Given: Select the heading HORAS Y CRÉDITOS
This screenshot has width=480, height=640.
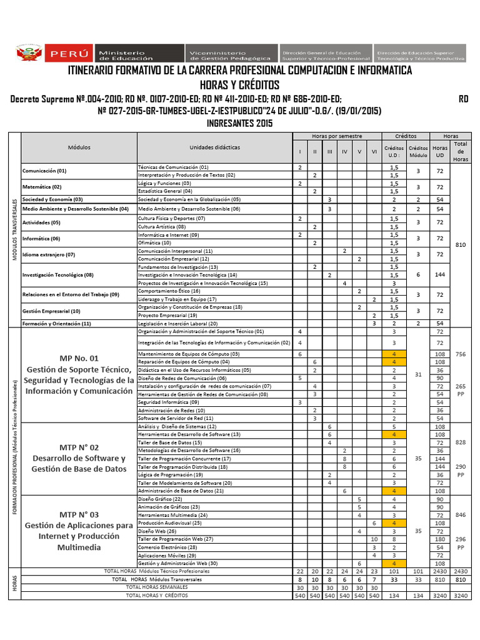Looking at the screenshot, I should (239, 85).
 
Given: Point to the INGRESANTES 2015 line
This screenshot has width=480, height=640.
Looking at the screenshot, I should (239, 123).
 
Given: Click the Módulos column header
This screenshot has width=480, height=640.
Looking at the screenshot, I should (79, 147).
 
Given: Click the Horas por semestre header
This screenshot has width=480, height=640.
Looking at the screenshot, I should (337, 136).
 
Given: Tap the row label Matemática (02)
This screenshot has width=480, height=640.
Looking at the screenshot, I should (42, 187).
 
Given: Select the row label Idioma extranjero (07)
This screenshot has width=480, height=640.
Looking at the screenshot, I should (49, 254).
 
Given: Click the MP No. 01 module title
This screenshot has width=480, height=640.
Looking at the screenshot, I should (79, 358).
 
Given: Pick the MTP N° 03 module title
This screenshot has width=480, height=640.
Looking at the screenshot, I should (79, 514).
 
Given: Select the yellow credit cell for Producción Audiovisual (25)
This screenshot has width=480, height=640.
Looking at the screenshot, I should (394, 522).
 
